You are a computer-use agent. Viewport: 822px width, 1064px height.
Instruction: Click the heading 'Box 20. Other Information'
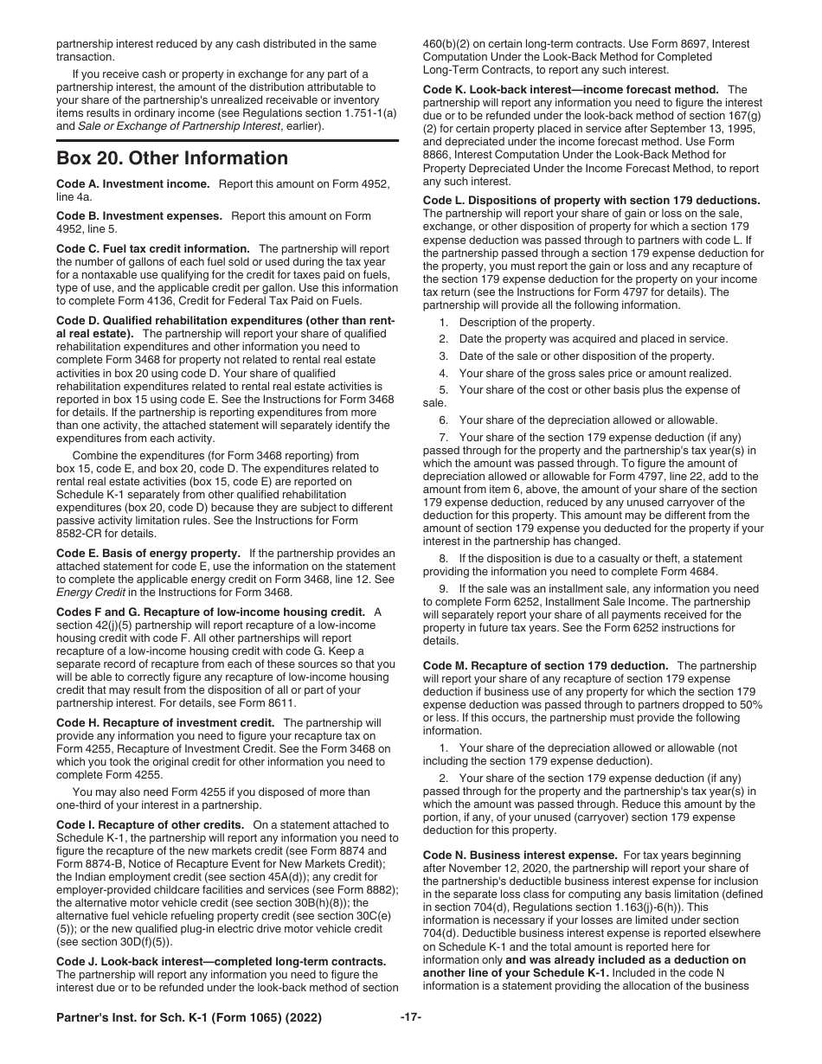172,158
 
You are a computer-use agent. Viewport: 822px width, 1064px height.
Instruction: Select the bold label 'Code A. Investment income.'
133,184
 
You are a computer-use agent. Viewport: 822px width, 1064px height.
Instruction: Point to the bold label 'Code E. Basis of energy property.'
148,553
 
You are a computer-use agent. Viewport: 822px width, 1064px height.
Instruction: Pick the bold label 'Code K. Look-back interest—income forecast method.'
571,89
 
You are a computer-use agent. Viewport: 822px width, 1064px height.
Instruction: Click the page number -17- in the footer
411,1017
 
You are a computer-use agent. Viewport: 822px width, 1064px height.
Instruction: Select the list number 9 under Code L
442,589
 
